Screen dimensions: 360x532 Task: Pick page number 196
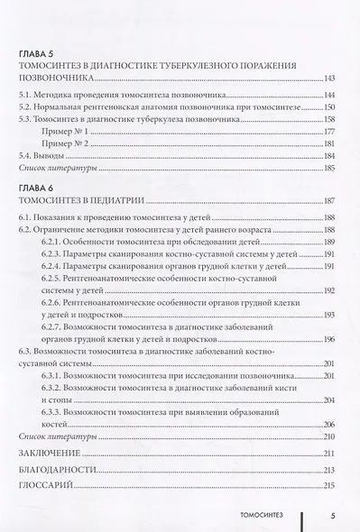(328, 339)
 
